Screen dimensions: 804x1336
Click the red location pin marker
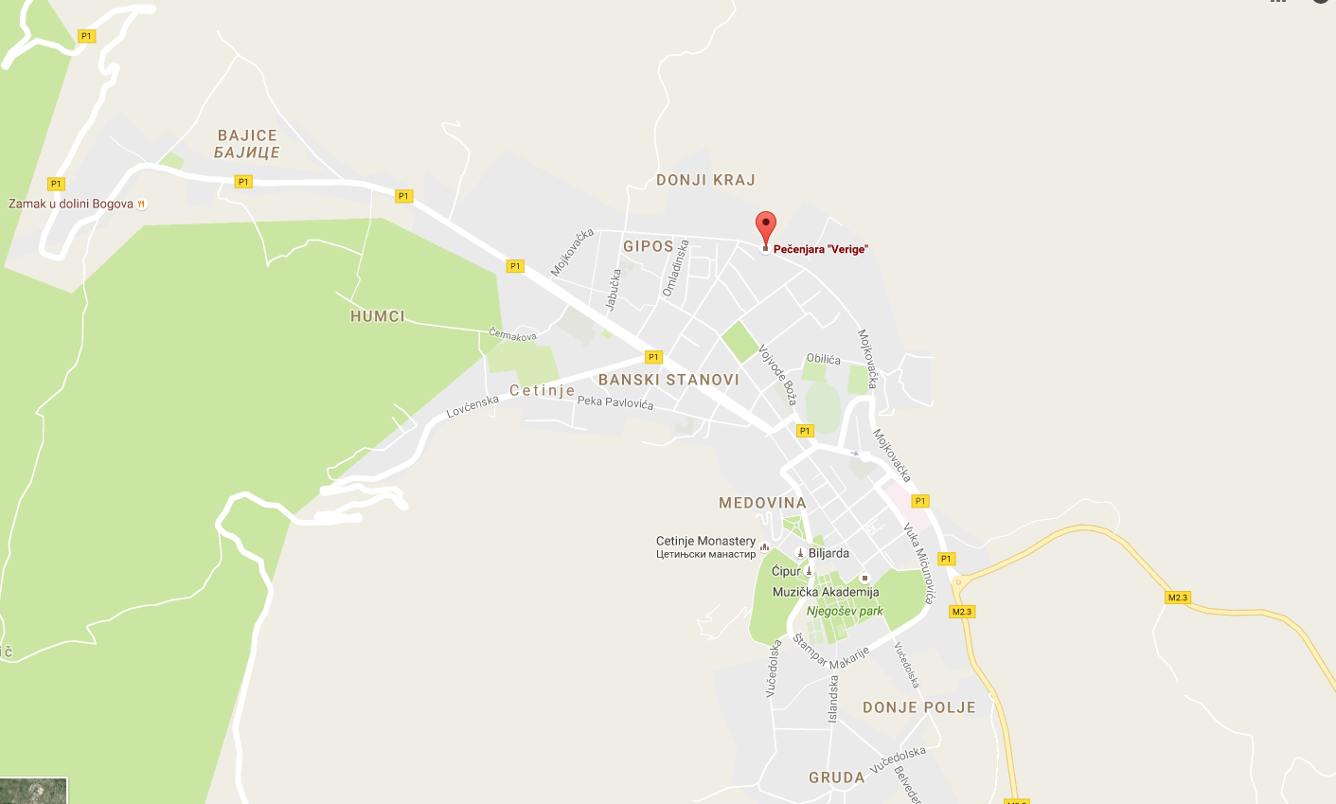pyautogui.click(x=765, y=227)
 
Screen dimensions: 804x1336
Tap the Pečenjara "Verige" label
pyautogui.click(x=820, y=249)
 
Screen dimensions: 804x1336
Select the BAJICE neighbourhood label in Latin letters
pyautogui.click(x=247, y=135)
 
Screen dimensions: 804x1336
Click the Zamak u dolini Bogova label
pyautogui.click(x=71, y=204)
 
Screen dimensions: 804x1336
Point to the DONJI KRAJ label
pyautogui.click(x=705, y=180)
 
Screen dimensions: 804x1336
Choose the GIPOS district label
pyautogui.click(x=649, y=246)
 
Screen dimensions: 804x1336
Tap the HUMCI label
pyautogui.click(x=378, y=316)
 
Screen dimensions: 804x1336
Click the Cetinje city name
pyautogui.click(x=542, y=390)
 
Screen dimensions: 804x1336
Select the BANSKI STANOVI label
pyautogui.click(x=668, y=380)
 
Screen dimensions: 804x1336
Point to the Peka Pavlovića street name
pyautogui.click(x=615, y=402)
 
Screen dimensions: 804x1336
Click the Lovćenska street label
pyautogui.click(x=472, y=406)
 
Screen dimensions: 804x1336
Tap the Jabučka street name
pyautogui.click(x=614, y=289)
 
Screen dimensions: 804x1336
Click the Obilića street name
pyautogui.click(x=823, y=359)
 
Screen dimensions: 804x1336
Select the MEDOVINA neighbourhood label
pyautogui.click(x=762, y=503)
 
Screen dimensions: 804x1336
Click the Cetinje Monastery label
pyautogui.click(x=705, y=541)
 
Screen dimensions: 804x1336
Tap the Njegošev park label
pyautogui.click(x=845, y=611)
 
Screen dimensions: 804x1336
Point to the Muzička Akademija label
pyautogui.click(x=826, y=592)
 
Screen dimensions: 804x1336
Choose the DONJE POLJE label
pyautogui.click(x=918, y=707)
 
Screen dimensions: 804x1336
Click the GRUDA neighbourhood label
pyautogui.click(x=836, y=777)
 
